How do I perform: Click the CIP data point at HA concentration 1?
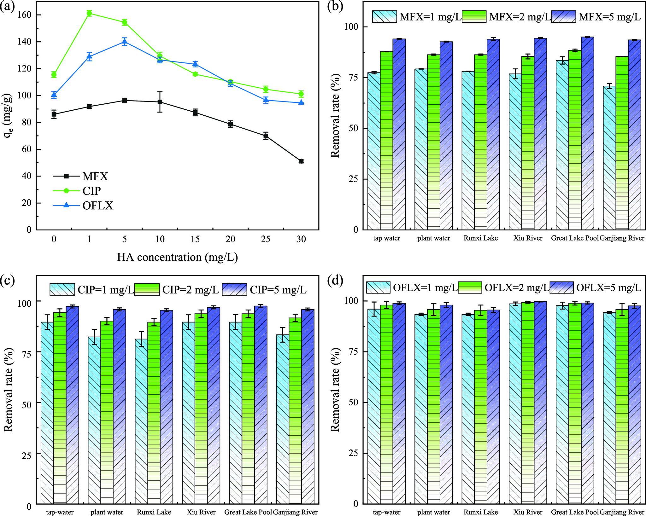tap(89, 13)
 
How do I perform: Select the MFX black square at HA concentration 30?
tap(301, 161)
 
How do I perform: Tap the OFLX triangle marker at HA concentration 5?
tap(125, 42)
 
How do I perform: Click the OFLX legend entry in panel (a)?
tap(98, 206)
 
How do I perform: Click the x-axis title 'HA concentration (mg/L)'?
tap(177, 257)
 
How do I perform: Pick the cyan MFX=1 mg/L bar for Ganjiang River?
tap(609, 158)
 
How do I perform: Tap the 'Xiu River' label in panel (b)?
tap(528, 238)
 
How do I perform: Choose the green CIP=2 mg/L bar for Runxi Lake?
tap(154, 410)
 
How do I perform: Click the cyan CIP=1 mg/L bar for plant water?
tap(94, 419)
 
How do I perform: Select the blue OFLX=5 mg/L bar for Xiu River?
tap(540, 403)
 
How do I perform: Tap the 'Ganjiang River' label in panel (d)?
tap(622, 512)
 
